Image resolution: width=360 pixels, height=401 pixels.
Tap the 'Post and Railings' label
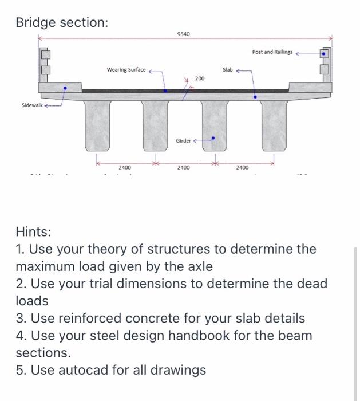click(272, 52)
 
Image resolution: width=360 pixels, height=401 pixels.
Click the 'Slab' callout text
click(227, 70)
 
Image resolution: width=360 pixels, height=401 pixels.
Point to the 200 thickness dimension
click(199, 78)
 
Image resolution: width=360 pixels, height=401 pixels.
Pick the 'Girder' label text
click(183, 140)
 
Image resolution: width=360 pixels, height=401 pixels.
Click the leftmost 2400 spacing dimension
click(124, 167)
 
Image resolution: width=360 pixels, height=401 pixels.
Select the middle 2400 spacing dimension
click(183, 167)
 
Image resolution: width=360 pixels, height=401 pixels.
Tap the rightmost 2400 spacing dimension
click(243, 167)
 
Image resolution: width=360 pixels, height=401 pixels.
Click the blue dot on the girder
click(213, 137)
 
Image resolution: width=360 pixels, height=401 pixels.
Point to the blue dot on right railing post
click(325, 54)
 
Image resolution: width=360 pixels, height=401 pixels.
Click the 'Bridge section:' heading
click(61, 22)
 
